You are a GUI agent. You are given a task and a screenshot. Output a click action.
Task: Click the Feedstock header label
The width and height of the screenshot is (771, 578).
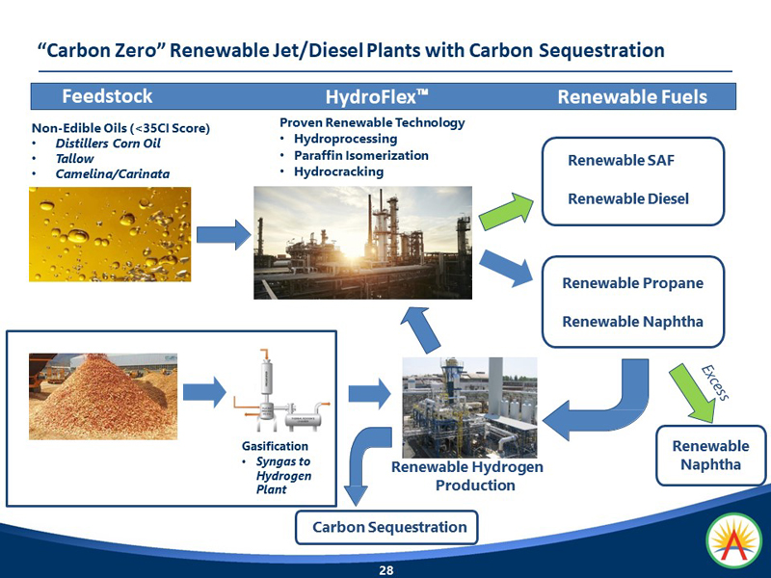click(x=107, y=95)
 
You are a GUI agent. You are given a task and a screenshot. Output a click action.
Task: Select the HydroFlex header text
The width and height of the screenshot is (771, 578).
click(x=377, y=97)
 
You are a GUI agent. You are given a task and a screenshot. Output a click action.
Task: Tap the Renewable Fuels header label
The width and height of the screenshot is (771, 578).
click(x=632, y=97)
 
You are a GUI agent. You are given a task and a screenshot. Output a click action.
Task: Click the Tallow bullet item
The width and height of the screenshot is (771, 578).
click(x=74, y=159)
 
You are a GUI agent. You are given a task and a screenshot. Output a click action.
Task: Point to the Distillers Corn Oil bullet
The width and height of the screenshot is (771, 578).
click(x=108, y=144)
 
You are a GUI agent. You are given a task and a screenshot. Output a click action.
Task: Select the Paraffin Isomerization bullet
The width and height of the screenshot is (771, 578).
click(x=361, y=155)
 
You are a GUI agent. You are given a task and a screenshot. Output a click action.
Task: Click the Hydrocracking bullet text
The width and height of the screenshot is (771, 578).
click(x=339, y=171)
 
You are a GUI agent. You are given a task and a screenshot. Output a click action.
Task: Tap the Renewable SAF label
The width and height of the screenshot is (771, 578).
click(x=621, y=160)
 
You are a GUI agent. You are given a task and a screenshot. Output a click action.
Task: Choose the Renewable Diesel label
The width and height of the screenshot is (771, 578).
click(x=628, y=198)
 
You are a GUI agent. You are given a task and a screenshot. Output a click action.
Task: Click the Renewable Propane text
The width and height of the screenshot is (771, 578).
click(x=633, y=283)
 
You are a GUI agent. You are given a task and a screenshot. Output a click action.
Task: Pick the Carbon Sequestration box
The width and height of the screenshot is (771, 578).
click(x=386, y=527)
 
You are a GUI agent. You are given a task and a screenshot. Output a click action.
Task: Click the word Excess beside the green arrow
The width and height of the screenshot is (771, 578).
click(x=715, y=382)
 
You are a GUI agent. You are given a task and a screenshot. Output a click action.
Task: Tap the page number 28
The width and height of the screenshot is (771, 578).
click(x=386, y=570)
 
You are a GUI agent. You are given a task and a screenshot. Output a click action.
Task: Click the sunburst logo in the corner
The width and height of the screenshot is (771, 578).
click(x=734, y=540)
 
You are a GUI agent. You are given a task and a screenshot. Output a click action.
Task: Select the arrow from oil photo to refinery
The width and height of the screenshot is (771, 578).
click(x=224, y=235)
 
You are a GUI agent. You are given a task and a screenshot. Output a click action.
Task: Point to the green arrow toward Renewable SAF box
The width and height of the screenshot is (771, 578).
click(x=507, y=211)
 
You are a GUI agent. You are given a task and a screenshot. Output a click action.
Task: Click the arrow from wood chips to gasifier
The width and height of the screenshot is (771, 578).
click(x=204, y=392)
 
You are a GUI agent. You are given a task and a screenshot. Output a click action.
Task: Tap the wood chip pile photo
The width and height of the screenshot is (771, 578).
click(x=103, y=396)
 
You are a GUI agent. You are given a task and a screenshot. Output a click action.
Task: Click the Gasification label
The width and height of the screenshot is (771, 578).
click(x=275, y=446)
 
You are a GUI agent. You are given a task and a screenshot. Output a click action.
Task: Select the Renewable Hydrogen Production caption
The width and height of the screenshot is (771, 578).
click(x=467, y=476)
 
